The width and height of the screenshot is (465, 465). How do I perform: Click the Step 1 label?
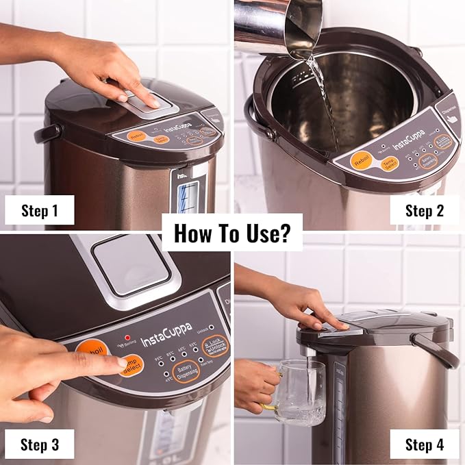(39, 210)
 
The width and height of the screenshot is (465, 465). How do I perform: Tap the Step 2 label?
(424, 210)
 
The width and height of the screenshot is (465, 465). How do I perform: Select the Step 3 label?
(39, 444)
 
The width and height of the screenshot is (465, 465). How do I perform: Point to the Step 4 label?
(424, 444)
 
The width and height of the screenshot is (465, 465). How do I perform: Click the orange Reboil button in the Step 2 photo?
(362, 161)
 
